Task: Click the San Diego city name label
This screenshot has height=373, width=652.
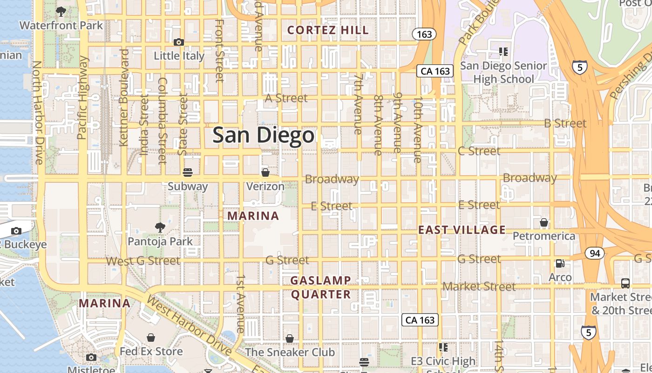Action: pos(264,135)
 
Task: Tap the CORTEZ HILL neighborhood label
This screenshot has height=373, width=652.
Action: pos(328,30)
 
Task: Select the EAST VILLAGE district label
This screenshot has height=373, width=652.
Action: pos(462,229)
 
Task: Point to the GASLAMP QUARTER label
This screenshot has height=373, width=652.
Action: pos(321,287)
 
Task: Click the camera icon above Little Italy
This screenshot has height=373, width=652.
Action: pos(178,42)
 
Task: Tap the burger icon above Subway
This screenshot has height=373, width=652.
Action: pos(188,173)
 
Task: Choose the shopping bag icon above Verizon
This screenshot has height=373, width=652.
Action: pos(265,173)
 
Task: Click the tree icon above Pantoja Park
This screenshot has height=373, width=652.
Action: pos(160,228)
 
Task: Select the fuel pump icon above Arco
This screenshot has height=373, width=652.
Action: pos(560,263)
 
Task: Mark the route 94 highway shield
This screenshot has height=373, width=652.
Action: pos(595,254)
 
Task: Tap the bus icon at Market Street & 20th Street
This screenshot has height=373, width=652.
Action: pos(625,283)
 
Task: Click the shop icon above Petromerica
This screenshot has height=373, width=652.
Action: pos(543,222)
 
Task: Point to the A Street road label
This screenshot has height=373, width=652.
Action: pos(286,98)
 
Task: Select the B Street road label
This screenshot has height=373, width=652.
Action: pos(566,124)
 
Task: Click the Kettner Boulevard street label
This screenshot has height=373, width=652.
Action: pos(124,98)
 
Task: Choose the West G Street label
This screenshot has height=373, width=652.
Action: pos(143,261)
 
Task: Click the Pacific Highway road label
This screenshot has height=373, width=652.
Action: pos(82,98)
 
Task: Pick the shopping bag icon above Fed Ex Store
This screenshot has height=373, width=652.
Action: pos(151,337)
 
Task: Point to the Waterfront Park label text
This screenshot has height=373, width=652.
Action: pos(61,25)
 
